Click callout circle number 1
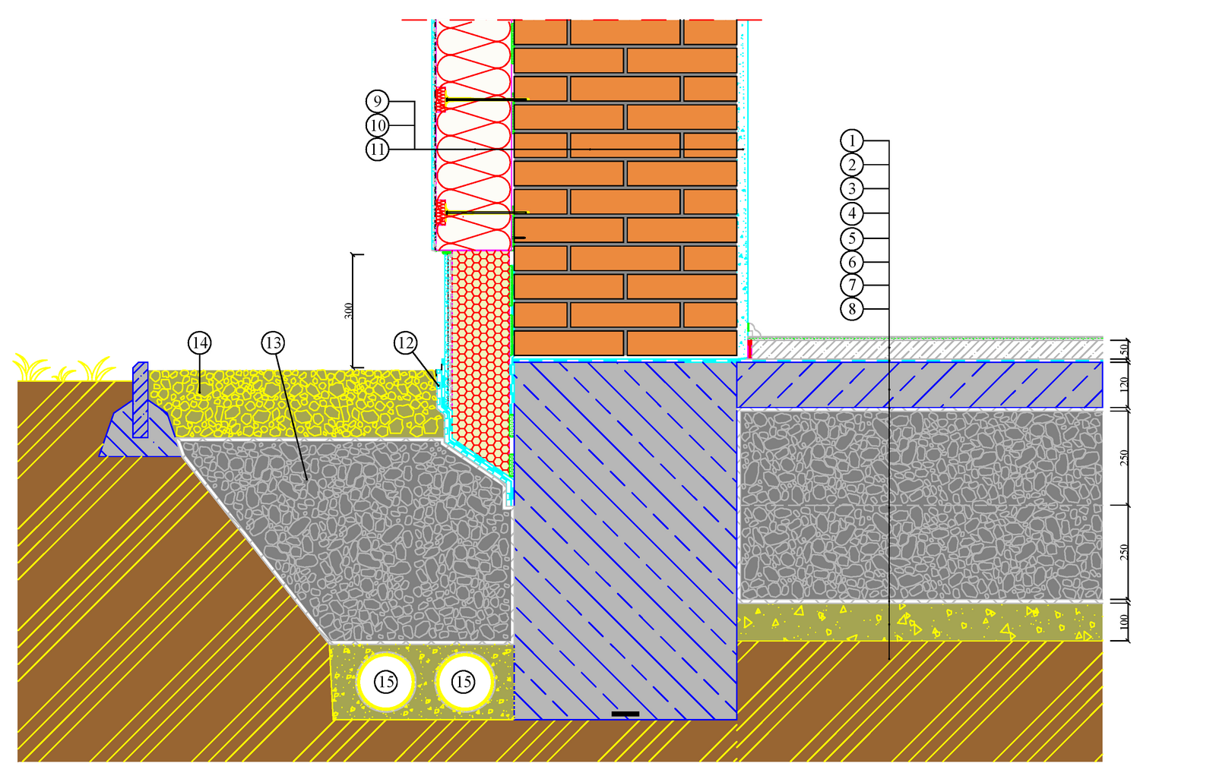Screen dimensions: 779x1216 coord(852,140)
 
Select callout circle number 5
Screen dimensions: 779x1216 coord(852,238)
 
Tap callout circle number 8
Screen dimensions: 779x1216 coord(852,309)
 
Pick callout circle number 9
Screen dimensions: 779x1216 coord(377,101)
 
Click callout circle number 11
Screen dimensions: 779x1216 coord(377,149)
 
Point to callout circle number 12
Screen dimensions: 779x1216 coord(406,342)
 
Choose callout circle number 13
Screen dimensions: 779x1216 coord(273,342)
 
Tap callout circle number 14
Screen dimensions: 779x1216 coord(200,342)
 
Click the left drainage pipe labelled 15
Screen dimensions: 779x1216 coord(386,682)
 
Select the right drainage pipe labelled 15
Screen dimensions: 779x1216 coord(464,682)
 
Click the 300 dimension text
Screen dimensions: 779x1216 coord(349,311)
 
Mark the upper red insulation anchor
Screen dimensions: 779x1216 coord(441,99)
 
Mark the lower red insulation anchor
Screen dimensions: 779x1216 coord(441,213)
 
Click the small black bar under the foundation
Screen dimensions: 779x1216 coord(625,714)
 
